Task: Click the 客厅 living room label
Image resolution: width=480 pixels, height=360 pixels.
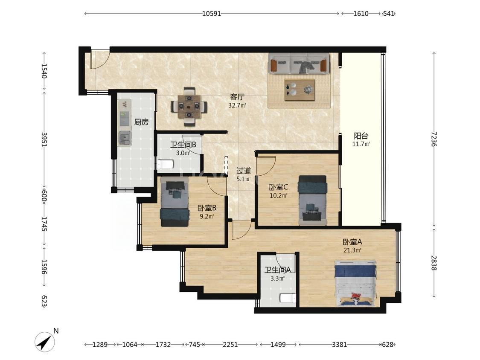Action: click(237, 97)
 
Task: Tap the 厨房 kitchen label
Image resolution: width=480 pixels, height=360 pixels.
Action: click(141, 122)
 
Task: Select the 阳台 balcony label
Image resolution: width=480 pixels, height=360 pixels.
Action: click(361, 136)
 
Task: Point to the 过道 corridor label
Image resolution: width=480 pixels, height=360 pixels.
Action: click(244, 171)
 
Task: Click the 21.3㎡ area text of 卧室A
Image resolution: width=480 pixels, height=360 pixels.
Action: click(352, 250)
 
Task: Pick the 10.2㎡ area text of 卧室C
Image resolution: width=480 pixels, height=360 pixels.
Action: click(278, 195)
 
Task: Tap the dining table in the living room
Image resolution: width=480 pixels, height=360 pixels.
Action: click(189, 107)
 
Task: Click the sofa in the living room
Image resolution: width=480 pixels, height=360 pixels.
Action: click(299, 64)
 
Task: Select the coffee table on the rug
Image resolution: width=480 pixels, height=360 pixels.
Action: click(300, 90)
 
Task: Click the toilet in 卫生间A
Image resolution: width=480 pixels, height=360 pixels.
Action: click(288, 298)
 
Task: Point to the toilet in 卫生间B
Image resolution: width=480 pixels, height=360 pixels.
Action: click(165, 164)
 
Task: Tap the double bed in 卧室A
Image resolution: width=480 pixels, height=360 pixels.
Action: click(355, 283)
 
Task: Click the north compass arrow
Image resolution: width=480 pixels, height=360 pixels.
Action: click(45, 341)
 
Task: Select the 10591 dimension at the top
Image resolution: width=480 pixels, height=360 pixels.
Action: click(211, 14)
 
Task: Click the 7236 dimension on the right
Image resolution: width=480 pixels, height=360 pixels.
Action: click(434, 139)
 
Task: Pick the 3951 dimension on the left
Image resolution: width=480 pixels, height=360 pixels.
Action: click(44, 139)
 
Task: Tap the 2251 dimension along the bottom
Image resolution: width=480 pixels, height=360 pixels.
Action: click(230, 345)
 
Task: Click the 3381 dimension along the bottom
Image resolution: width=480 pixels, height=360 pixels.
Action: click(340, 345)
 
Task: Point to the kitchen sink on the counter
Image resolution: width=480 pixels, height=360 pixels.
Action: click(125, 138)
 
